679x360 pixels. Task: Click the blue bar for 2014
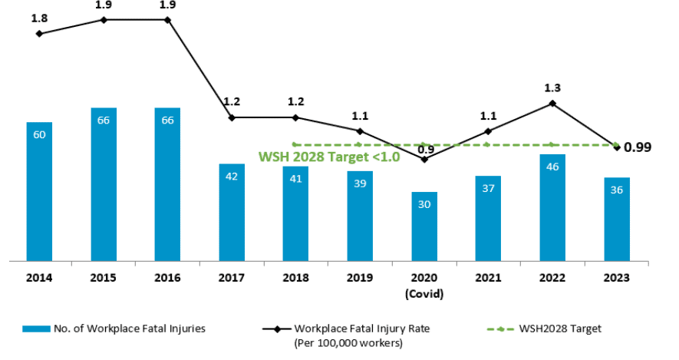pos(39,191)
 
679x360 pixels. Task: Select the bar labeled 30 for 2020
pos(424,226)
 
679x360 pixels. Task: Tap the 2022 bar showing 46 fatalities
pos(552,207)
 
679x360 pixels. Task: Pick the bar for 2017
pos(231,212)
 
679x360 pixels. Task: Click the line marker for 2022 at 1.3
pos(552,104)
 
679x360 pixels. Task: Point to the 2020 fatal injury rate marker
pos(424,159)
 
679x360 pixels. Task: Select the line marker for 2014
pos(39,34)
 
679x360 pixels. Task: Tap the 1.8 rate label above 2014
pos(39,17)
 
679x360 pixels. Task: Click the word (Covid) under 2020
pos(424,293)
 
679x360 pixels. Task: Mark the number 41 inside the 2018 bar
pos(295,179)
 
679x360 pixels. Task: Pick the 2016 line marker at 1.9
pos(167,19)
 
